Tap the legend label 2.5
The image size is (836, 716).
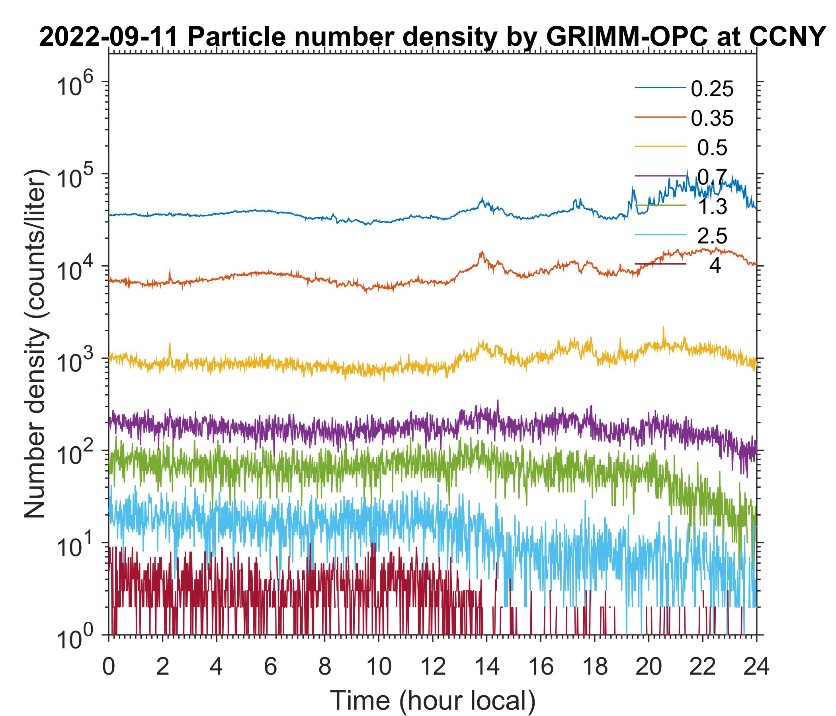(x=712, y=236)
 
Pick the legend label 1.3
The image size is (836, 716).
(x=712, y=207)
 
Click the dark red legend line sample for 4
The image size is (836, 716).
(x=660, y=264)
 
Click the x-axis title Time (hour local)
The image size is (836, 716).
(x=432, y=700)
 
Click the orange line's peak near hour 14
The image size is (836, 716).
(x=482, y=252)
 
